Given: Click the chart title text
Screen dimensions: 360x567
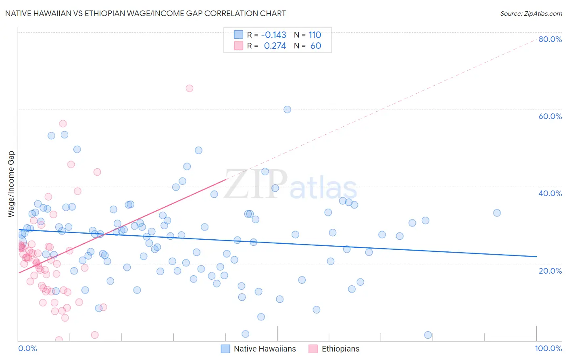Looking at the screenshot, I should click(x=146, y=13).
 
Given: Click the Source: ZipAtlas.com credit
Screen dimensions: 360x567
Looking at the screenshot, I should click(x=531, y=14).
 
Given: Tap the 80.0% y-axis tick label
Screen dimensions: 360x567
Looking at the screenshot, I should click(x=550, y=39).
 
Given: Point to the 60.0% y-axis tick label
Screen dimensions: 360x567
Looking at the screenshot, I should click(x=550, y=116).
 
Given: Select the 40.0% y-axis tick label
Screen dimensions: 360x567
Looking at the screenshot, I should click(x=550, y=193).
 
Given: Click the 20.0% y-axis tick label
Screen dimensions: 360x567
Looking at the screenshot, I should click(x=550, y=271).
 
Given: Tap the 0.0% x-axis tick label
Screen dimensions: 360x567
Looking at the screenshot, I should click(x=27, y=348).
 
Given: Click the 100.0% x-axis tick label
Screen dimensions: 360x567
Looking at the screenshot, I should click(x=548, y=348).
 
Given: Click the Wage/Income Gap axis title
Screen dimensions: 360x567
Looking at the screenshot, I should click(x=11, y=184).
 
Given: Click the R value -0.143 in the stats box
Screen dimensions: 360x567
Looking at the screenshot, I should click(x=273, y=35).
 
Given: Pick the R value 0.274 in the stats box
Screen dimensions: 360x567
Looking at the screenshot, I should click(x=275, y=46).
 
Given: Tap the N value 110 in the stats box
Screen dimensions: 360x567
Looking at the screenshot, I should click(x=315, y=35).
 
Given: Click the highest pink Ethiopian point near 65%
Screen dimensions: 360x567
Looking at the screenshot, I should click(x=190, y=88).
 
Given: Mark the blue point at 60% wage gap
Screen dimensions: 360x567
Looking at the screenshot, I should click(x=287, y=109).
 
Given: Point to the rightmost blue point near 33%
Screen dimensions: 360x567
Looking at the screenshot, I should click(x=497, y=213).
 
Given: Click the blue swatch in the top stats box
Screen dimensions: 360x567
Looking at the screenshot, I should click(x=239, y=35).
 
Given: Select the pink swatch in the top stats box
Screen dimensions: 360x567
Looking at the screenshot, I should click(x=239, y=46).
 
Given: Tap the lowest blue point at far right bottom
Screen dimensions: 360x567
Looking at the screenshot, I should click(x=428, y=335).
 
